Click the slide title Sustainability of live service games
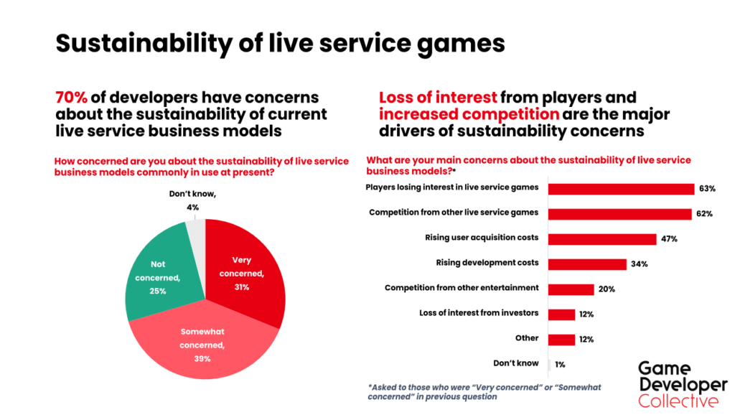[x=280, y=44]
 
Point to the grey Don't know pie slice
[x=196, y=232]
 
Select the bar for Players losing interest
[x=621, y=189]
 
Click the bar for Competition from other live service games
[x=619, y=214]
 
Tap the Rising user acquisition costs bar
[x=602, y=239]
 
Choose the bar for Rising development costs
[x=587, y=264]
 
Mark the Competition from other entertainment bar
[x=571, y=289]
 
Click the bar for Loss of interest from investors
[x=562, y=314]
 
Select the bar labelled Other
[x=562, y=339]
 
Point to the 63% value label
[x=707, y=189]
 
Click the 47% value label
[x=670, y=239]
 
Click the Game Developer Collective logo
[x=682, y=384]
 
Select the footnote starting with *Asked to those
[x=484, y=391]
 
